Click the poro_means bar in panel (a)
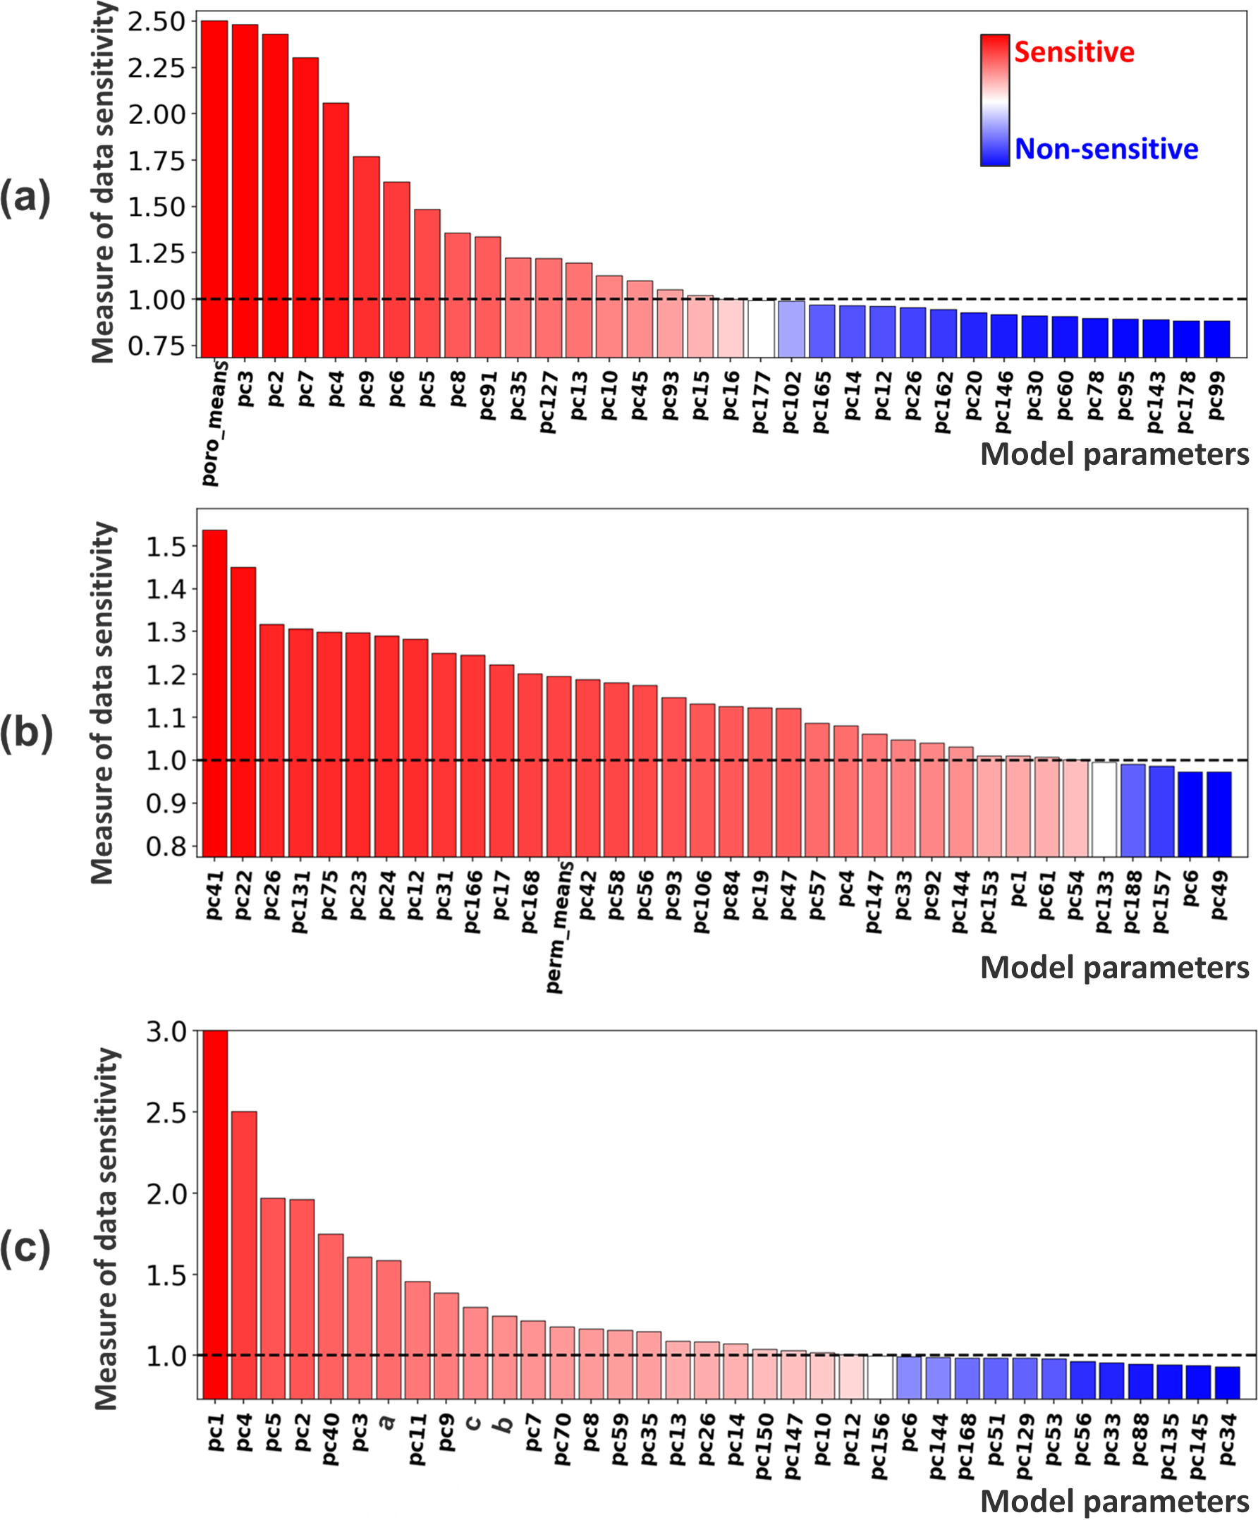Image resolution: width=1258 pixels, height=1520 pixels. click(x=214, y=188)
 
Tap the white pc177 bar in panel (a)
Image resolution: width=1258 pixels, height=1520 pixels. click(x=761, y=329)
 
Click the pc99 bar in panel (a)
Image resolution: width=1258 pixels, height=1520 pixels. click(x=1216, y=339)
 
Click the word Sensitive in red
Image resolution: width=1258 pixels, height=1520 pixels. click(x=1074, y=52)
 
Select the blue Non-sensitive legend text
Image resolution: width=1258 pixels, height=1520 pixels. click(x=1106, y=149)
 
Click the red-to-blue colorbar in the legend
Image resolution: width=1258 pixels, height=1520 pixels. click(x=994, y=100)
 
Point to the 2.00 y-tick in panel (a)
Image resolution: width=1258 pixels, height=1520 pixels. click(x=157, y=114)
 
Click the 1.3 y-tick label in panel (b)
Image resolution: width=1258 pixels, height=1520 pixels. click(x=166, y=632)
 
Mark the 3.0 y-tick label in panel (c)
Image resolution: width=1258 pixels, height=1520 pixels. click(x=166, y=1032)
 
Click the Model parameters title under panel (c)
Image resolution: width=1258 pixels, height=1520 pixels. click(x=1114, y=1500)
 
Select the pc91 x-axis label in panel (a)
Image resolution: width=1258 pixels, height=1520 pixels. click(x=488, y=395)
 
